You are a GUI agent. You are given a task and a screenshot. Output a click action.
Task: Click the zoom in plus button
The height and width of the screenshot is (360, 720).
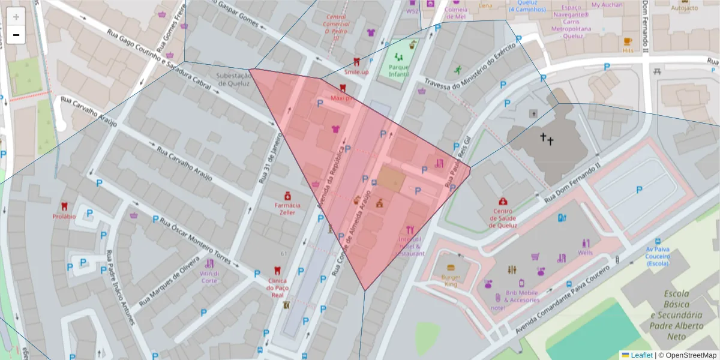coord(16,16)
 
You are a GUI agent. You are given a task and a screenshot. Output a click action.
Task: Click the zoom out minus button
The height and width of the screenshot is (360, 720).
coord(16,35)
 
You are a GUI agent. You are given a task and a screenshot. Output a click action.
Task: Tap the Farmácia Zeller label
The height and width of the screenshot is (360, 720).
coord(287,208)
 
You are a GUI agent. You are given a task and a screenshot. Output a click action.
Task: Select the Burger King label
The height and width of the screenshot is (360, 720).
coord(450,280)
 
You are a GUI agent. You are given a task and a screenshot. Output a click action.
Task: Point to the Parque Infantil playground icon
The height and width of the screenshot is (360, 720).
coord(398,58)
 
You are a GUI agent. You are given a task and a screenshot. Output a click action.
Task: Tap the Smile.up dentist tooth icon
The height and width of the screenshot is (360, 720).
coord(356,61)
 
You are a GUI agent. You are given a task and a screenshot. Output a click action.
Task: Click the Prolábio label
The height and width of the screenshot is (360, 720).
coord(64,216)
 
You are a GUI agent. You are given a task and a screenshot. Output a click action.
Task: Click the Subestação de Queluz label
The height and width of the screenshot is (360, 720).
coord(233,79)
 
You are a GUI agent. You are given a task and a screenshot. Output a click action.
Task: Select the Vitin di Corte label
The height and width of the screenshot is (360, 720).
coord(209,277)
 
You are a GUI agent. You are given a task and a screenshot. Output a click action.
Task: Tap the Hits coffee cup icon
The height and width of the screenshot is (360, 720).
coord(628,41)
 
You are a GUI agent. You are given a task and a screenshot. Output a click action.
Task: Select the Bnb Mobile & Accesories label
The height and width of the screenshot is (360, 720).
coord(521,296)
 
